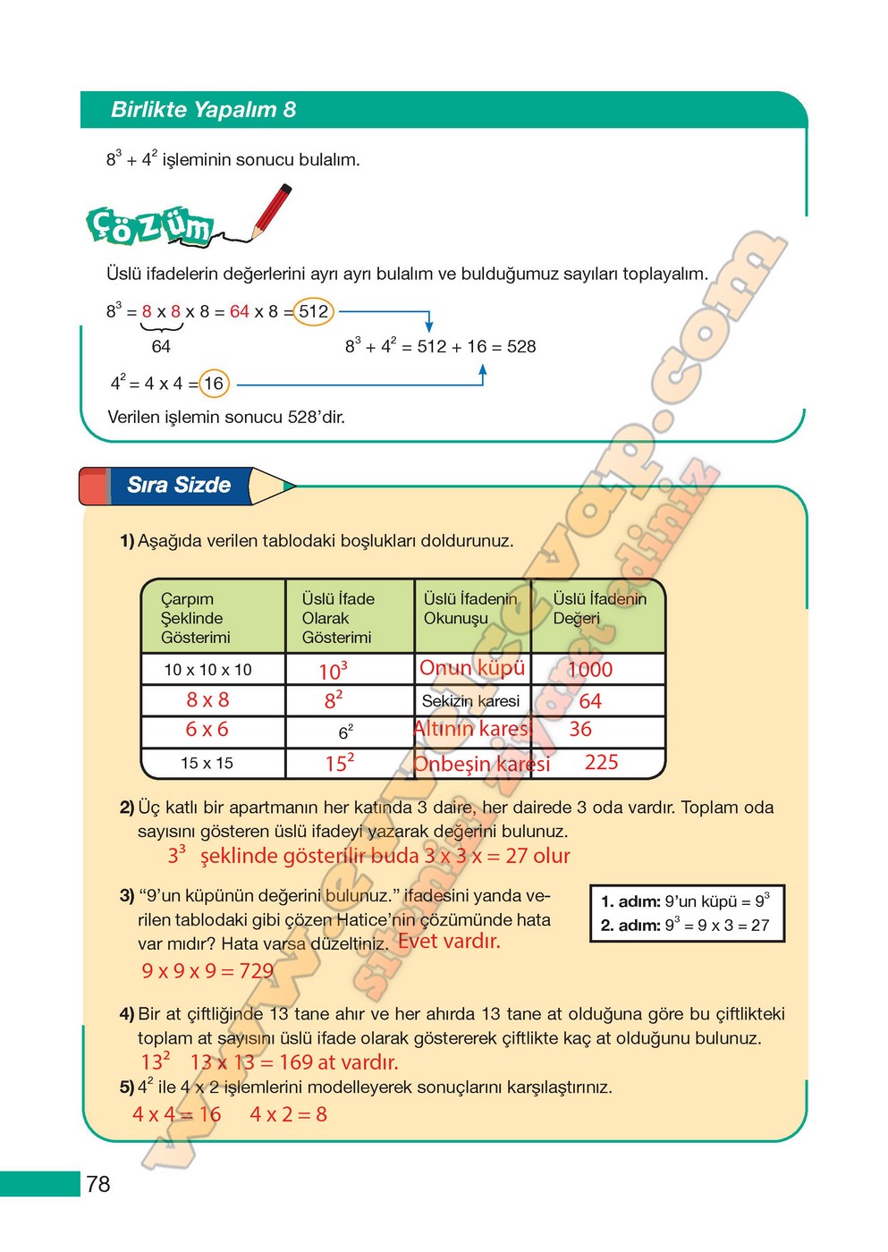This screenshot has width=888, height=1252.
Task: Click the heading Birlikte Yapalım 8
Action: pos(203,110)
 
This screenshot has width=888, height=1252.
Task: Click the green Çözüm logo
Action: pos(150,226)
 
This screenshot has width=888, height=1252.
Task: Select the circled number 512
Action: pos(313,311)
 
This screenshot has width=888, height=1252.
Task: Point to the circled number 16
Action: pos(214,384)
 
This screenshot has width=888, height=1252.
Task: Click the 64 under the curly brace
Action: pos(161,347)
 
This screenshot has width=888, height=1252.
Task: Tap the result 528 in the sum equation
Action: pos(521,347)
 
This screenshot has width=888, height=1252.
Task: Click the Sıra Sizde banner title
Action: pos(179,485)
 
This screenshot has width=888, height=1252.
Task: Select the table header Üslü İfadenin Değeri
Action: pos(598,608)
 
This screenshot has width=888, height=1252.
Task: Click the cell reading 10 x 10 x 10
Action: pos(207,670)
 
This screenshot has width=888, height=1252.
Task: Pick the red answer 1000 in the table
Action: pos(590,670)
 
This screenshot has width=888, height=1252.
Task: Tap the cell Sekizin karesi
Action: pos(470,701)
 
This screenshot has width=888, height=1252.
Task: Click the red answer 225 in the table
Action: pos(601,762)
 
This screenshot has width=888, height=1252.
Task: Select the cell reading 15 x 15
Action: pos(207,763)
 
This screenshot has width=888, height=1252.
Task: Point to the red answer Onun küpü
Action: pos(472,668)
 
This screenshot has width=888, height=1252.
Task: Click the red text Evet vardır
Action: pos(449,941)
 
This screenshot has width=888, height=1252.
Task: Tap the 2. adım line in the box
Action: pos(685,926)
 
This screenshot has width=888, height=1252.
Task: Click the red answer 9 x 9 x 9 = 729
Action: pos(207,970)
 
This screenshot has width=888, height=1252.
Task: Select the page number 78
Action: pos(98,1184)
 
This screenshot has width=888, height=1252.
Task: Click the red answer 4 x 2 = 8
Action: pos(288,1114)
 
